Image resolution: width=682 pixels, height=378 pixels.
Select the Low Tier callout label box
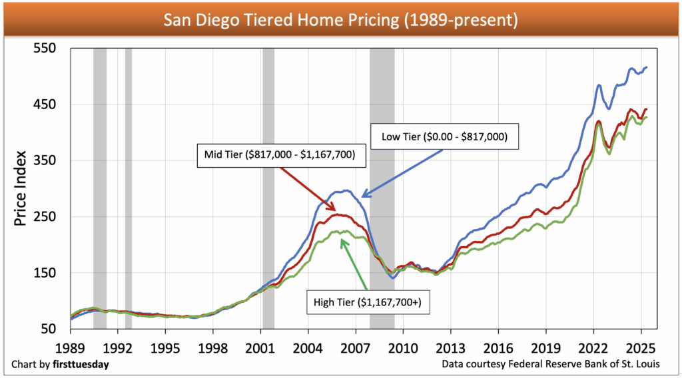pyautogui.click(x=444, y=137)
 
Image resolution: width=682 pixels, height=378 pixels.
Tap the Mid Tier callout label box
pyautogui.click(x=277, y=155)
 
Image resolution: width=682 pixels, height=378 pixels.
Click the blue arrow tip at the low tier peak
pyautogui.click(x=362, y=196)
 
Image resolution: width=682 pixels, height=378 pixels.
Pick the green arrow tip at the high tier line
pyautogui.click(x=344, y=241)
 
